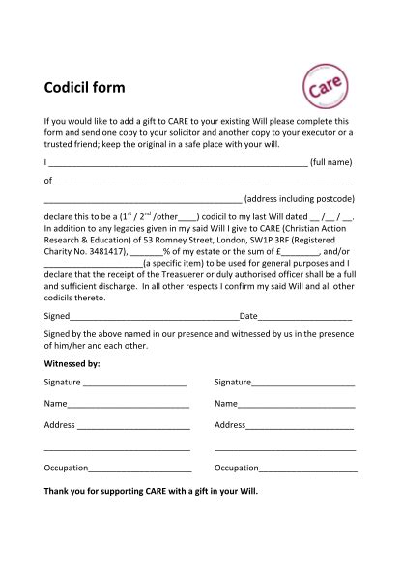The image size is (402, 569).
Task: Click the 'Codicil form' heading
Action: coord(85,89)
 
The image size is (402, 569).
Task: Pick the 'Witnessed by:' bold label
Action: coord(72,364)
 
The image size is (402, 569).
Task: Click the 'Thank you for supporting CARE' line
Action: coord(152,490)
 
